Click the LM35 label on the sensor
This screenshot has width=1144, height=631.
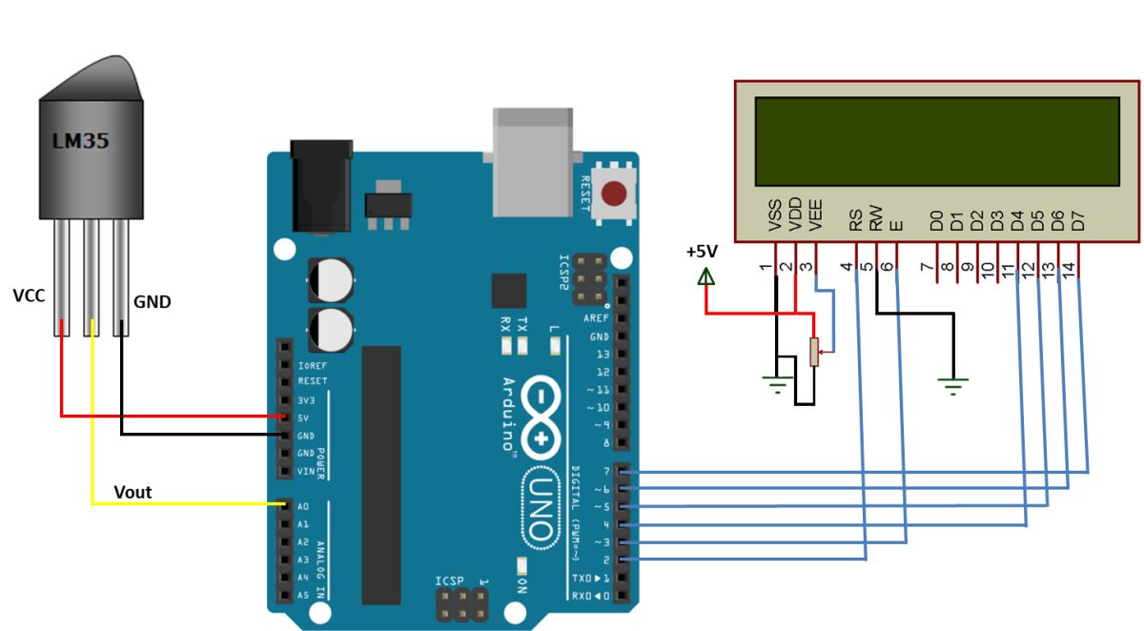[x=80, y=142]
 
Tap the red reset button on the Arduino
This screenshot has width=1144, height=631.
[x=615, y=194]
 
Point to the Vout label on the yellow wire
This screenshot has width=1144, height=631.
[x=133, y=492]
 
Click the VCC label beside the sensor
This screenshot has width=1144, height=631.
[x=30, y=295]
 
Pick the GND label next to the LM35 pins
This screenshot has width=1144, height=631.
[x=152, y=302]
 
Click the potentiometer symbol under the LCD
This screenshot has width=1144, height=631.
[x=814, y=352]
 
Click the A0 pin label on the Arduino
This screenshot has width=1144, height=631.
[x=303, y=506]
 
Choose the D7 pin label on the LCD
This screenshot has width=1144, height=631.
[x=1078, y=221]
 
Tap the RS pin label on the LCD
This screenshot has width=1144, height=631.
[x=856, y=221]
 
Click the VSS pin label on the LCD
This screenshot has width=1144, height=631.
[x=775, y=216]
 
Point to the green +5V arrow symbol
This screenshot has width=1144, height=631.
[x=705, y=276]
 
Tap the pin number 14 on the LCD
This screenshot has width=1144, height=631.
[x=1070, y=270]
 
